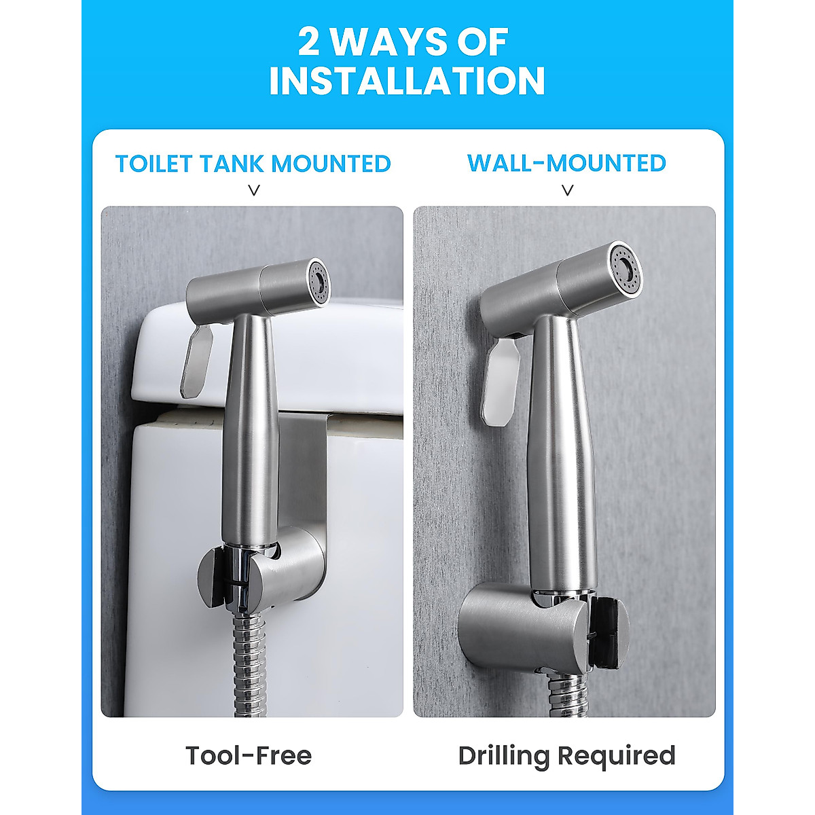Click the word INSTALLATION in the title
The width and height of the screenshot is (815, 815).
click(407, 81)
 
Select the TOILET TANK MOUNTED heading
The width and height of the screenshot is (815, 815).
click(253, 164)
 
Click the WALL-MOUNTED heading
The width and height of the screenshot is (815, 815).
click(566, 163)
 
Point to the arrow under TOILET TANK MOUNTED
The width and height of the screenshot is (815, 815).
click(254, 191)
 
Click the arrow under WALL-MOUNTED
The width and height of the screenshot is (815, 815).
click(568, 191)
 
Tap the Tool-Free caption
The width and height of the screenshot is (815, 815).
click(249, 755)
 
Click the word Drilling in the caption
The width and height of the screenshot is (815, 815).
click(503, 756)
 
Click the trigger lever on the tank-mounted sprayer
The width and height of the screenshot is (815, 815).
click(197, 360)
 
